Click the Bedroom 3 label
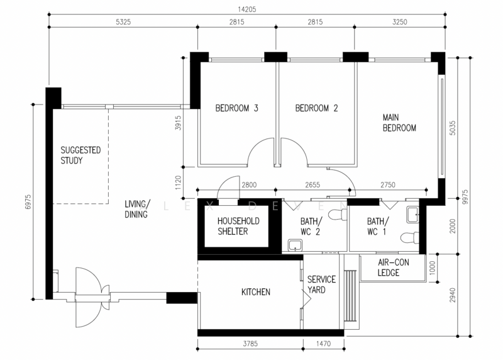tap(237, 108)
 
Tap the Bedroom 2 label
tap(317, 108)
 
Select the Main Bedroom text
tap(399, 123)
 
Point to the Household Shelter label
tap(238, 226)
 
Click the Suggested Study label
tap(80, 155)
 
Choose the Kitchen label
tap(256, 292)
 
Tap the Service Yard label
tap(321, 284)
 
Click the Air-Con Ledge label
tap(394, 267)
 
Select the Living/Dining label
tap(137, 209)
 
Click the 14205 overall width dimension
tap(247, 9)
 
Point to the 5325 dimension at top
tap(123, 22)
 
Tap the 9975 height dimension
tap(465, 197)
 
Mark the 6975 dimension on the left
tap(28, 201)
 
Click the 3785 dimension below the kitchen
tap(250, 344)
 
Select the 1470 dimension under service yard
tap(323, 344)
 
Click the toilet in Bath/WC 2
tap(338, 215)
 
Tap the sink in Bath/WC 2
tap(294, 245)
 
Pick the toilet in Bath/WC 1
tap(410, 238)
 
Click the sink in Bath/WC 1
tap(412, 215)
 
